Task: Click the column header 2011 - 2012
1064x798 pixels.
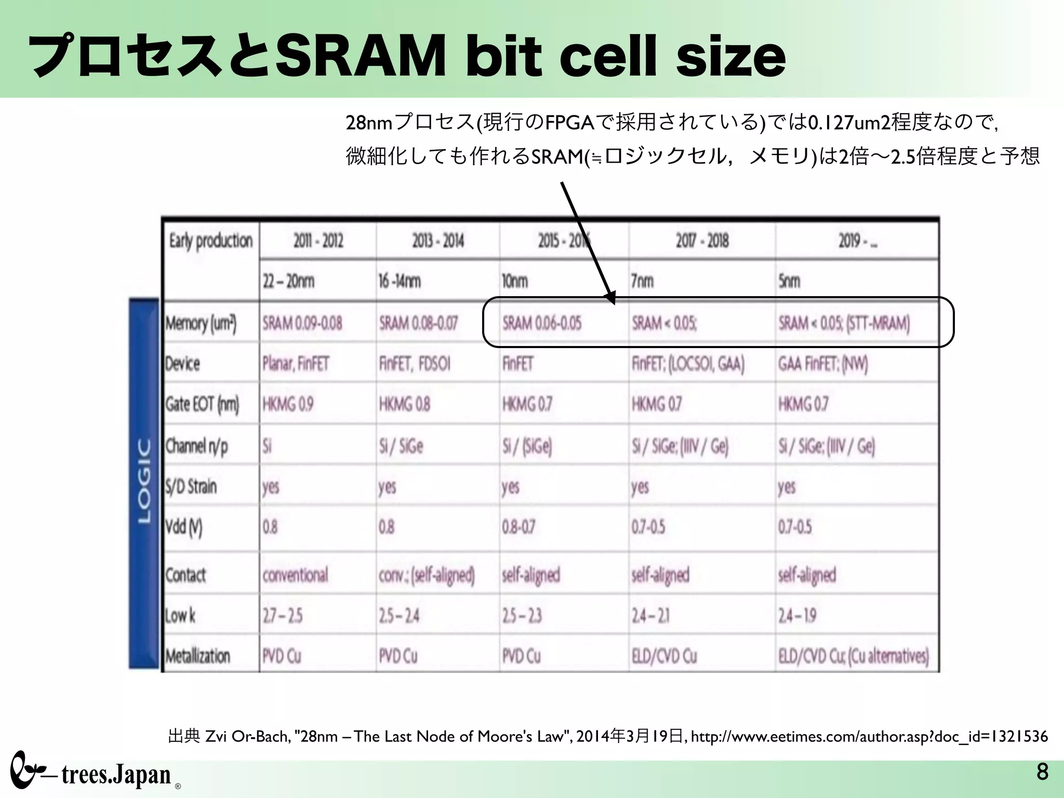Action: click(318, 241)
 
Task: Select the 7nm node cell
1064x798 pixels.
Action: click(642, 281)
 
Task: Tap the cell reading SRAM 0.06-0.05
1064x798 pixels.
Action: click(541, 323)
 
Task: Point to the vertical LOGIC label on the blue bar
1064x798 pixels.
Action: click(144, 481)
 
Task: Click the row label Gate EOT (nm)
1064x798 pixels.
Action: click(202, 404)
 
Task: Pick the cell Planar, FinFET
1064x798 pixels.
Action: click(296, 363)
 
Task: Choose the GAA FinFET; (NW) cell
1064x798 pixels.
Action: click(822, 363)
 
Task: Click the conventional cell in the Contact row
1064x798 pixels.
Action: click(295, 575)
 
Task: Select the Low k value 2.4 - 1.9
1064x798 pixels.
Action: click(797, 616)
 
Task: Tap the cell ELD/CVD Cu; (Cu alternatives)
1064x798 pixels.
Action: click(853, 656)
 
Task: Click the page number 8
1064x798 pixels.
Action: click(1042, 772)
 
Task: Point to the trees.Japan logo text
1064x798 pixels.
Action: click(115, 775)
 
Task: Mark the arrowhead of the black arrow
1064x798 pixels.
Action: click(611, 298)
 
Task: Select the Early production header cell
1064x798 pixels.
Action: click(210, 241)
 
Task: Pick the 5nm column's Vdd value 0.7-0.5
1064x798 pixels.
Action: click(794, 527)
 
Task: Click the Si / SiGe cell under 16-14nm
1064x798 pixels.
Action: click(401, 446)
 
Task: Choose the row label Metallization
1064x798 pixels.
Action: click(197, 656)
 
